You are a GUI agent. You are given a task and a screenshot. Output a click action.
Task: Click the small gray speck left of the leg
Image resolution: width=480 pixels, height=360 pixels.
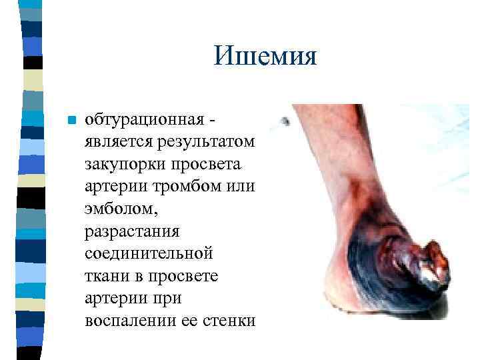pos(285,121)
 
